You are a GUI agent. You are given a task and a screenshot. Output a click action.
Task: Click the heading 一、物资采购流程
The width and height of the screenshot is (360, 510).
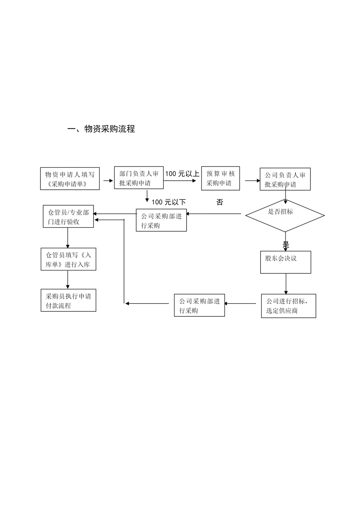point(101,129)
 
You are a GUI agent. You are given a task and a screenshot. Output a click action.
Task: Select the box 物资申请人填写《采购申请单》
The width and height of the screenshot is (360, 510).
point(70,179)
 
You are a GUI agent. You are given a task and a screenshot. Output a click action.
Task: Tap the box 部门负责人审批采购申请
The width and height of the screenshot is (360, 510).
point(139,178)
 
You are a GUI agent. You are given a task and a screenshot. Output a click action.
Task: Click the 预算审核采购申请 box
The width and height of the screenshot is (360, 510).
point(220,178)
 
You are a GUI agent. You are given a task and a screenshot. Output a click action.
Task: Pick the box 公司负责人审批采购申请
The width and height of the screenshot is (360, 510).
point(285,179)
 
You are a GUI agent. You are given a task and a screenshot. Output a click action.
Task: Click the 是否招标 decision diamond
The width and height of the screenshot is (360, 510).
point(285,215)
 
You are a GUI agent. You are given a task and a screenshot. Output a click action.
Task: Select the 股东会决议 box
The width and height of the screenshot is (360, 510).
point(285,262)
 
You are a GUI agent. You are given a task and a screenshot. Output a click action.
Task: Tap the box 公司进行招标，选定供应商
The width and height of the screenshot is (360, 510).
point(288,306)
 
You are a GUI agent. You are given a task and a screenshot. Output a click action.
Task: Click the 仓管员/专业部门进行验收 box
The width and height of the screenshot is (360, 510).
point(68,217)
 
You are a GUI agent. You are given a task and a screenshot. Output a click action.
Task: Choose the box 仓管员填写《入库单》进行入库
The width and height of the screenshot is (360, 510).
point(68,259)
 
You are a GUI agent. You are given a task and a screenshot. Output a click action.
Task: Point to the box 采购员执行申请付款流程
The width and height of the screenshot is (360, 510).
point(68,301)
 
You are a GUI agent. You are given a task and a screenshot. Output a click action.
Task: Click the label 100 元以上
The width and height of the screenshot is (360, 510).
point(182,174)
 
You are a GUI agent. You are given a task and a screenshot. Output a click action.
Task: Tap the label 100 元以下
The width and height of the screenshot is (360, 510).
point(169,202)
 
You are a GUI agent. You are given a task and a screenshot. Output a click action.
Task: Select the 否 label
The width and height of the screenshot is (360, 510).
point(220,202)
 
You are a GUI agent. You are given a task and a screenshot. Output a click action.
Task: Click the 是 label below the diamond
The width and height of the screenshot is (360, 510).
point(286,244)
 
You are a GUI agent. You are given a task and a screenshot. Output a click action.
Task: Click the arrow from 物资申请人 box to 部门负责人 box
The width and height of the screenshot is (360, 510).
point(108,180)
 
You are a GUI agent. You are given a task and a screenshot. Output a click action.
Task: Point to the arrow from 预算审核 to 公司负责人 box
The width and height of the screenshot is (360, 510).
point(253,181)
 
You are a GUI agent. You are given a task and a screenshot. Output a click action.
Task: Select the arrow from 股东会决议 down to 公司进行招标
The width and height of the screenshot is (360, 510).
point(286,284)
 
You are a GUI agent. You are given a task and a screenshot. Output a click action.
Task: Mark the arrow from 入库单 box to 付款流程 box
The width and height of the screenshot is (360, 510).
point(68,280)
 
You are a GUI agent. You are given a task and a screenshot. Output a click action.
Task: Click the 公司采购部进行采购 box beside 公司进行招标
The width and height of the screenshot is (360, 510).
point(199,305)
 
